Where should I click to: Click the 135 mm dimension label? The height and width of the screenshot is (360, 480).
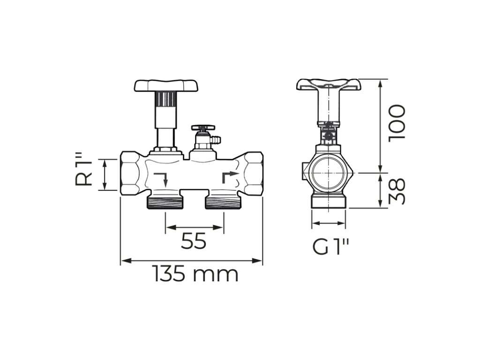pyautogui.click(x=195, y=274)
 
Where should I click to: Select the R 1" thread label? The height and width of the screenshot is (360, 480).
pyautogui.click(x=84, y=172)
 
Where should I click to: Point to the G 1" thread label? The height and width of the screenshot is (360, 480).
pyautogui.click(x=330, y=247)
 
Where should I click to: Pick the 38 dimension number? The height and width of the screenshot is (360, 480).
pyautogui.click(x=397, y=191)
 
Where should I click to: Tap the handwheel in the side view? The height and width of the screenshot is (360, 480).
pyautogui.click(x=329, y=84)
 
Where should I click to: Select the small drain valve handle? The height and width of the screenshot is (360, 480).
pyautogui.click(x=202, y=127)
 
